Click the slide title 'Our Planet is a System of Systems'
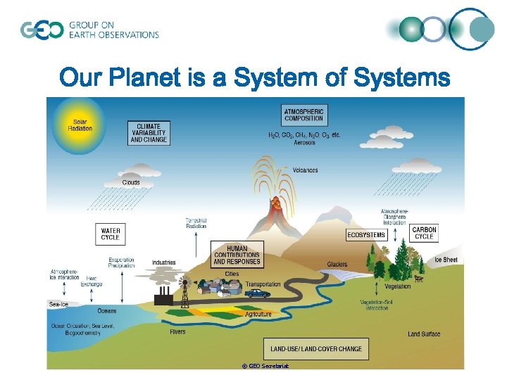click(x=254, y=77)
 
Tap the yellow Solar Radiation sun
click(x=80, y=125)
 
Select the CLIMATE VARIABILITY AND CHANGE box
click(x=149, y=133)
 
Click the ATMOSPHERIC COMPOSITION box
click(x=304, y=115)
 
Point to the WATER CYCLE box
click(x=111, y=234)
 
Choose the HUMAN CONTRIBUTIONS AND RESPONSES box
click(x=237, y=254)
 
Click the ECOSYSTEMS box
click(x=366, y=234)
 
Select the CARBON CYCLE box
click(x=424, y=233)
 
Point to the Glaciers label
click(x=337, y=265)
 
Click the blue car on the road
click(x=258, y=293)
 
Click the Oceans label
click(x=107, y=310)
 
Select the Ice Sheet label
click(x=446, y=260)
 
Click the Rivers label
click(x=178, y=331)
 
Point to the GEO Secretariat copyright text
click(x=265, y=366)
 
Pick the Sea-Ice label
click(x=58, y=304)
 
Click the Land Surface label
click(x=424, y=334)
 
